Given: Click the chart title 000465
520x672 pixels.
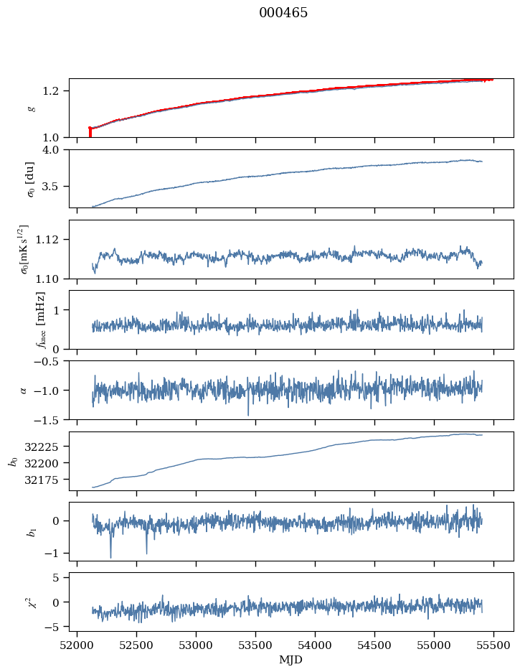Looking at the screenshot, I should coord(283,13).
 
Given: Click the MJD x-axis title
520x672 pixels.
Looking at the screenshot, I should coord(291,659).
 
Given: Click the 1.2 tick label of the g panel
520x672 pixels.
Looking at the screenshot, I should coord(56,90).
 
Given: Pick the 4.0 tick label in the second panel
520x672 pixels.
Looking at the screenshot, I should coord(56,149).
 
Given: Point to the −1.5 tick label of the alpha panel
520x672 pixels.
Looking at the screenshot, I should coord(50,419).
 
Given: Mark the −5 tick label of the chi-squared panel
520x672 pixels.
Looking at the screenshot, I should coord(55,627).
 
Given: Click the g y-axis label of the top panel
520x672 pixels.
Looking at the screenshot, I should coord(31,108).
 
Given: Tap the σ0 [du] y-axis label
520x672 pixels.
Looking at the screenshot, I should coord(30,178).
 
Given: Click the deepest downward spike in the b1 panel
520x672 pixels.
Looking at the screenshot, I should coord(110,556).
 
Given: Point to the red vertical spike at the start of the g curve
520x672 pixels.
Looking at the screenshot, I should coord(90,132).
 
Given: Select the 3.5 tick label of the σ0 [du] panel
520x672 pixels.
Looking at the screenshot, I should coord(56,186).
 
